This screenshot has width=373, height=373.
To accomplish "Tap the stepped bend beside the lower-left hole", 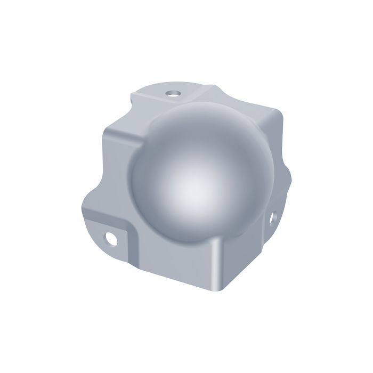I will point(128,234).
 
